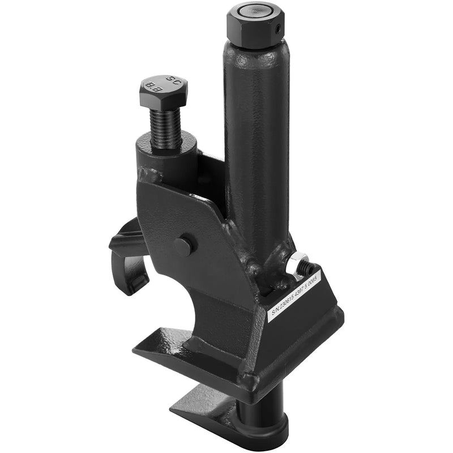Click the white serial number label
point(293,296)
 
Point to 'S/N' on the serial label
point(275,311)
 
